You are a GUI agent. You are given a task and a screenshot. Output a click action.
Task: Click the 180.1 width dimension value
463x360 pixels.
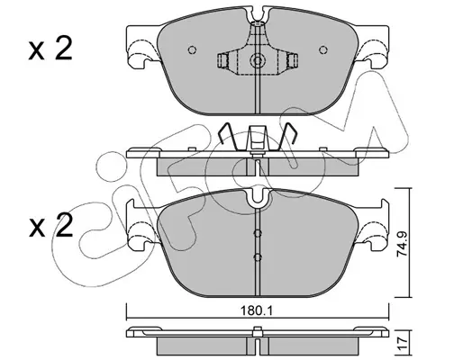tap(257, 311)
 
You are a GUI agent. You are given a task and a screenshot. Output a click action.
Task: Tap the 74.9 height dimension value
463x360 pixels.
tap(402, 242)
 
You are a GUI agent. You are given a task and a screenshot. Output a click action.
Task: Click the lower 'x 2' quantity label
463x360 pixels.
tap(50, 226)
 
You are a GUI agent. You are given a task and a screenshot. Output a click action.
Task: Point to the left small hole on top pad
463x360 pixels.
tap(192, 49)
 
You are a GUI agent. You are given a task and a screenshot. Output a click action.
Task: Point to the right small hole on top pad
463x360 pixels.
tap(323, 49)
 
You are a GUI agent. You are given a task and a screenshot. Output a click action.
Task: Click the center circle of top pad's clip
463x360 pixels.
tap(258, 61)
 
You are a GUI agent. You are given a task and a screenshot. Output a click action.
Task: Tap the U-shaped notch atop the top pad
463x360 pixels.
tap(258, 14)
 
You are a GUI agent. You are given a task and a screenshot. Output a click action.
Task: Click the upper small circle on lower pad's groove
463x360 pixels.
tap(258, 233)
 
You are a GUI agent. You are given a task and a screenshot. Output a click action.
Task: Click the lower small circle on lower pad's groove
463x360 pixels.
tap(258, 256)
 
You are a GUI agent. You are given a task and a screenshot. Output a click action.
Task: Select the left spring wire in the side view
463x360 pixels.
tap(227, 137)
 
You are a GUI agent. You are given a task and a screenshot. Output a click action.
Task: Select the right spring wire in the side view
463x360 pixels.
tap(286, 137)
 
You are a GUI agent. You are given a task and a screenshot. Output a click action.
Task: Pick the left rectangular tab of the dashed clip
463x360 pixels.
tap(222, 61)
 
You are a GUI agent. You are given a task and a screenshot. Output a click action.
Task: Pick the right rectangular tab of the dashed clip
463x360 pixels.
tap(292, 61)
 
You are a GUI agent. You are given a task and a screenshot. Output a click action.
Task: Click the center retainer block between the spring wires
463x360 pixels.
tap(257, 139)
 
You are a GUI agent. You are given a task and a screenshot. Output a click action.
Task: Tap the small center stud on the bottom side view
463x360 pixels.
tap(257, 331)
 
